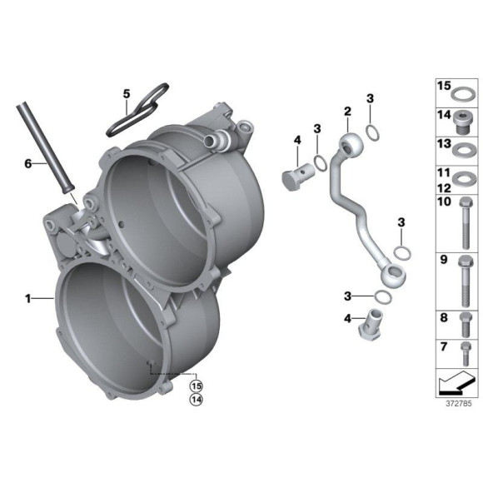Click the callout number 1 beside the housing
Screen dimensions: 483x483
tap(28, 296)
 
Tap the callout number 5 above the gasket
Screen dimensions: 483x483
tap(127, 94)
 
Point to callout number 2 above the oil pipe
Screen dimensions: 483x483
tap(347, 111)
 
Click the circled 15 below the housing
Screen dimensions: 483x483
tap(196, 386)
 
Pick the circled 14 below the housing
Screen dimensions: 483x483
tap(196, 401)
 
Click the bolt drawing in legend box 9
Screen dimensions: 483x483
tap(465, 280)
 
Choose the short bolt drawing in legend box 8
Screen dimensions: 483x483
tap(465, 321)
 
